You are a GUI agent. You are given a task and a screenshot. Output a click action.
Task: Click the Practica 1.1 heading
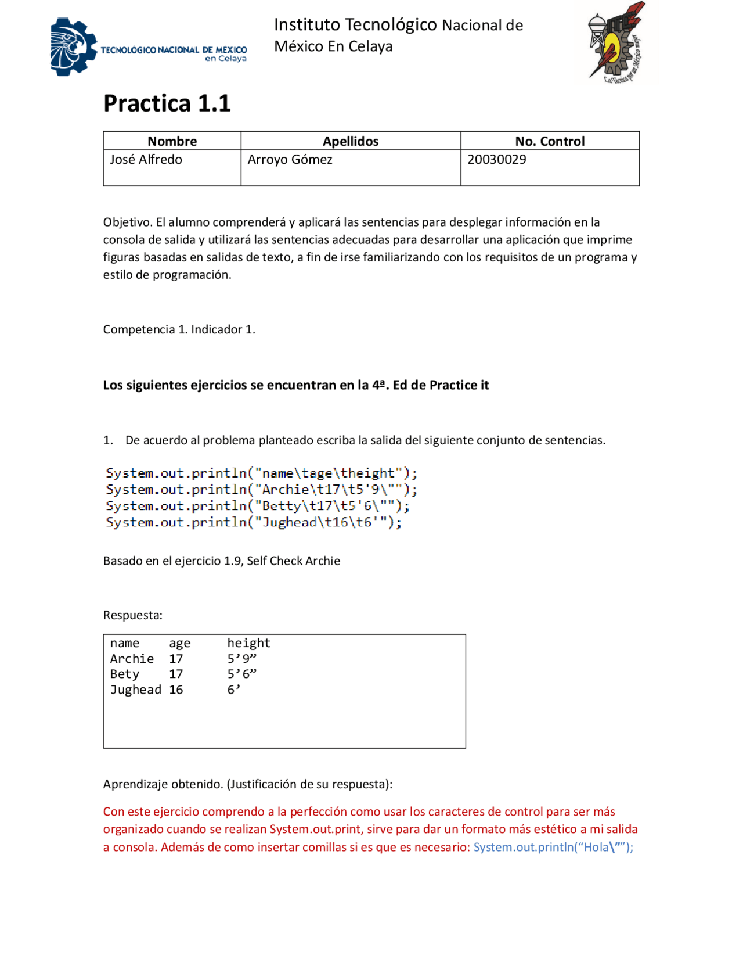point(167,103)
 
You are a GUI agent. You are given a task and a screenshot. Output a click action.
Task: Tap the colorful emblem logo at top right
point(617,42)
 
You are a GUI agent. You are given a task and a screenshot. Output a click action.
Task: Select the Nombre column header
point(172,141)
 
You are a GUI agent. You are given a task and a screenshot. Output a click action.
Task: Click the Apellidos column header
point(350,141)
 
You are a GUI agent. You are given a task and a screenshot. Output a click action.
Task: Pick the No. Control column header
point(549,141)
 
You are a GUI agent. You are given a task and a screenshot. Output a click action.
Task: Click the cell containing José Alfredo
point(146,160)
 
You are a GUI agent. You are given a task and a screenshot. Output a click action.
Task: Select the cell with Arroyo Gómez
point(290,160)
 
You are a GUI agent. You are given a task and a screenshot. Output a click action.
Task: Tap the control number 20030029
point(496,160)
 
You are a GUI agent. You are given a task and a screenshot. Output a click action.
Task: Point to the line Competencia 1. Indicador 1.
point(179,329)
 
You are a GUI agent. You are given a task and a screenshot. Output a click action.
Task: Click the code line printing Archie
point(261,490)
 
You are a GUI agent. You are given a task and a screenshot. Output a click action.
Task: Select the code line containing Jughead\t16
point(253,522)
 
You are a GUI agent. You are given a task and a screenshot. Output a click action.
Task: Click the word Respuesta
point(132,615)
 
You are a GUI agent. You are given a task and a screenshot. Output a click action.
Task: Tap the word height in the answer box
point(248,643)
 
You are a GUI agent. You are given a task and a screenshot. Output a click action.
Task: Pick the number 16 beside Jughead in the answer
point(176,690)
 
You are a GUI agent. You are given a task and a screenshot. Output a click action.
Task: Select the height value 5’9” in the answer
point(241,659)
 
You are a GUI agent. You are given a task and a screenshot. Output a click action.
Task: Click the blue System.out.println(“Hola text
point(553,847)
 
